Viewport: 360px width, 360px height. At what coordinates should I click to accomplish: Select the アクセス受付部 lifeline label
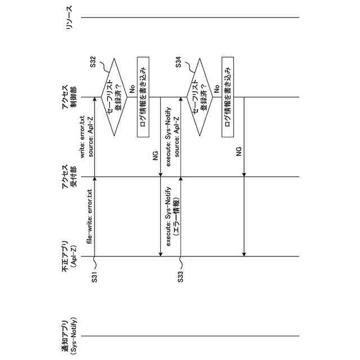[x=69, y=178]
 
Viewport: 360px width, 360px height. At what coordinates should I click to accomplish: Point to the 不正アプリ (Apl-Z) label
[x=69, y=256]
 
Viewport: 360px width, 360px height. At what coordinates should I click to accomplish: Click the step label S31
[x=94, y=277]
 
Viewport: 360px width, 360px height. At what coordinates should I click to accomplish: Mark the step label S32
[x=94, y=65]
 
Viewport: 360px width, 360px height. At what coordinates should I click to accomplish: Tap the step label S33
[x=180, y=277]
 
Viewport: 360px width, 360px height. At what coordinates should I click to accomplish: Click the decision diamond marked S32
[x=114, y=97]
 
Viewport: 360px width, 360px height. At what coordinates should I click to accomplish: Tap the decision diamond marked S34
[x=200, y=97]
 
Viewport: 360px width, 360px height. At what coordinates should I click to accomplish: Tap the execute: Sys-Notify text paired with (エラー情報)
[x=168, y=217]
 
